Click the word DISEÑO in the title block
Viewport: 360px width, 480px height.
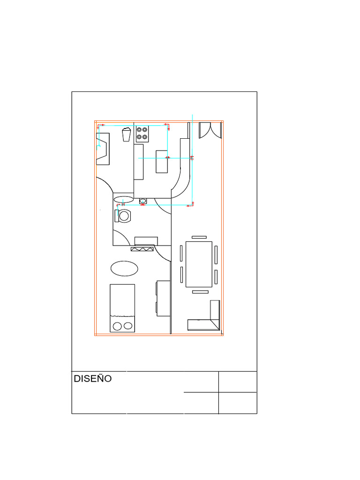[x=93, y=379]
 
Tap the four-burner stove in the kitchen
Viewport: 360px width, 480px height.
[x=142, y=134]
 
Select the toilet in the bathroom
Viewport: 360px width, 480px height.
[x=123, y=216]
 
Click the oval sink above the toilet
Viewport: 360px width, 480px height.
[x=124, y=200]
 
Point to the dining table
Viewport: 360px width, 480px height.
[x=199, y=264]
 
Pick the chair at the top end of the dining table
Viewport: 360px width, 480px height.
[x=199, y=237]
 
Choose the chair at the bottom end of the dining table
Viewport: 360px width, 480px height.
[x=201, y=292]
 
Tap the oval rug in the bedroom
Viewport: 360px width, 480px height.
[x=124, y=269]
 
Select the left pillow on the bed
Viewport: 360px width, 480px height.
[x=117, y=326]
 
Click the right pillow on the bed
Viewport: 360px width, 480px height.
[x=128, y=326]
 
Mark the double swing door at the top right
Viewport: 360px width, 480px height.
[x=210, y=130]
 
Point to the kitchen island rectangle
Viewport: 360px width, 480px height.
[x=162, y=162]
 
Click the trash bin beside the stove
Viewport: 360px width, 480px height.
[x=127, y=135]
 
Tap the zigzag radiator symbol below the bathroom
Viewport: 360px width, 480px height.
[x=142, y=249]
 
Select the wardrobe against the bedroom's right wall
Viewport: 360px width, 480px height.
[x=163, y=299]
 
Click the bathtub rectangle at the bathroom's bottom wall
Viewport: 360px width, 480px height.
[x=146, y=241]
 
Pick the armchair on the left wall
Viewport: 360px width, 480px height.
[x=103, y=149]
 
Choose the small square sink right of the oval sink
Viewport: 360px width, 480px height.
[x=143, y=201]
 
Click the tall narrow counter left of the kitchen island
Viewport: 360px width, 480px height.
[x=139, y=162]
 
